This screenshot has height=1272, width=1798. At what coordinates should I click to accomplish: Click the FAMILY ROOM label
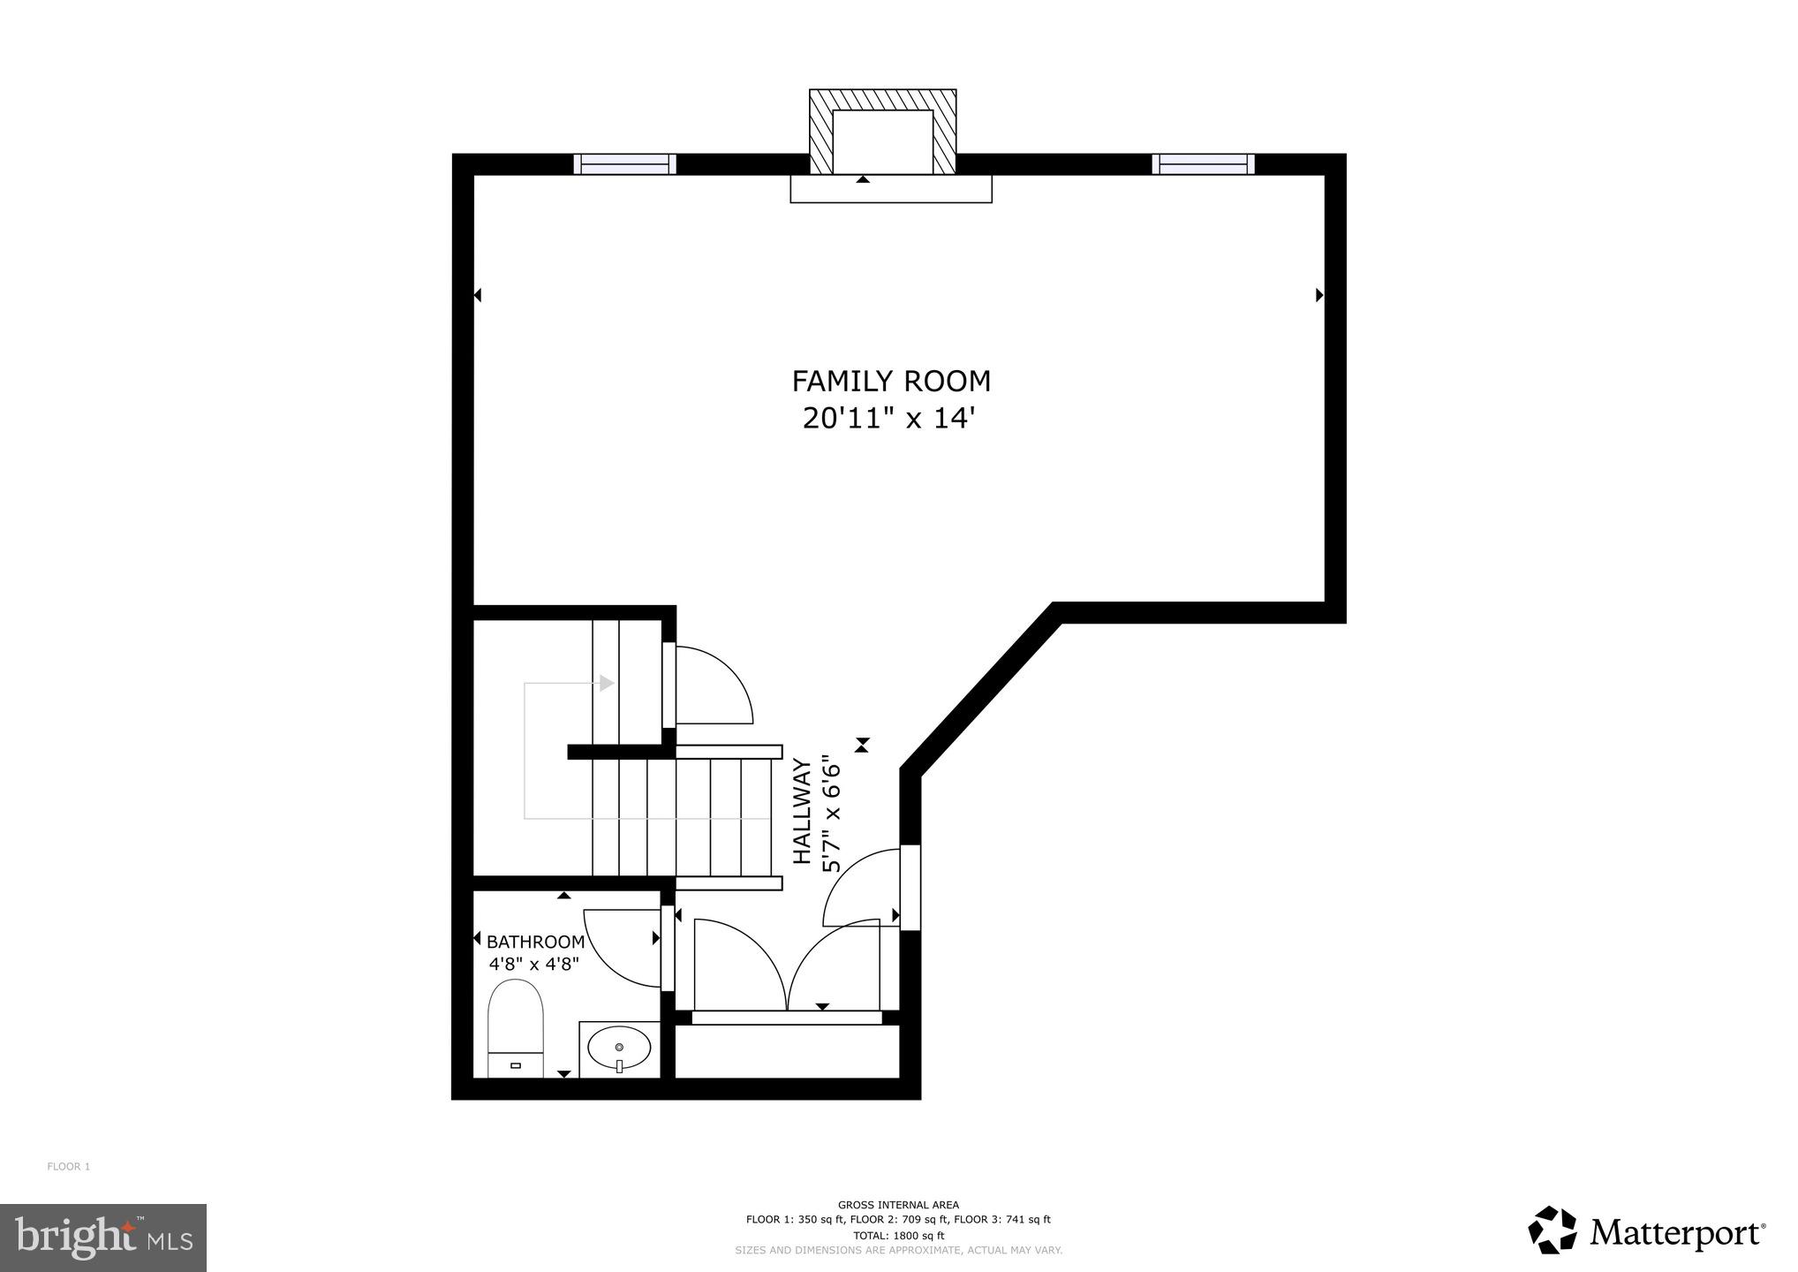coord(890,382)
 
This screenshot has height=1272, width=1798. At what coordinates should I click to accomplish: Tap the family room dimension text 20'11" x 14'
coord(890,418)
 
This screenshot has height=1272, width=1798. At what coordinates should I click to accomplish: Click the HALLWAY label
coord(802,811)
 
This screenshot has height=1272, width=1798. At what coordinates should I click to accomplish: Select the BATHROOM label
coord(535,942)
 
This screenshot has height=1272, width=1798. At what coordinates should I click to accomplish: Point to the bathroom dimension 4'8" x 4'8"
coord(533,963)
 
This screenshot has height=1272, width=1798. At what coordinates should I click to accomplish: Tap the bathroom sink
coord(619,1049)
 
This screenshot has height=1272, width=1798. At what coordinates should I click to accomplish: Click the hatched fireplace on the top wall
coord(882,132)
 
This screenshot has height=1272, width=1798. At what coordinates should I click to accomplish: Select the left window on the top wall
coord(624,164)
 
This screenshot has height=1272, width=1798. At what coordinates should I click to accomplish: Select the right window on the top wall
coord(1203,164)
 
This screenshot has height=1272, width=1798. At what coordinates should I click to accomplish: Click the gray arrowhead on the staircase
coord(607,683)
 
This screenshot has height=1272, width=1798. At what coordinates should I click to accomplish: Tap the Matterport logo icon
coord(1552,1230)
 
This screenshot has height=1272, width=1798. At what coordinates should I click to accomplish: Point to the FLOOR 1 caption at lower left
coord(69,1167)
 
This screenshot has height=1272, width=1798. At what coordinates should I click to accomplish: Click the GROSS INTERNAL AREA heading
coord(897,1205)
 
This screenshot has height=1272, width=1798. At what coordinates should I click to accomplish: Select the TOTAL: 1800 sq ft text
coord(898,1236)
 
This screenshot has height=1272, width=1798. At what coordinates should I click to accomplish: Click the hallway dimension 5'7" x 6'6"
coord(831,813)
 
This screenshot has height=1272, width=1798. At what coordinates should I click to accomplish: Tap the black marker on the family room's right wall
coord(1319,295)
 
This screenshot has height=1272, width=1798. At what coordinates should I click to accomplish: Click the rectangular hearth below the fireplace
coord(890,189)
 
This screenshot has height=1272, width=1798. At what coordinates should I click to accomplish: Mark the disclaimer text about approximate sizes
coord(898,1250)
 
